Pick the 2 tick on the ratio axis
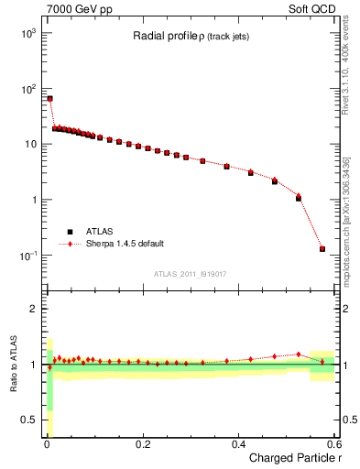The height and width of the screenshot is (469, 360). (33, 309)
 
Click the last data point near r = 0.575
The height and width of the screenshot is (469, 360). (322, 248)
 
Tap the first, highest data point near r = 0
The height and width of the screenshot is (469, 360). (49, 98)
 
